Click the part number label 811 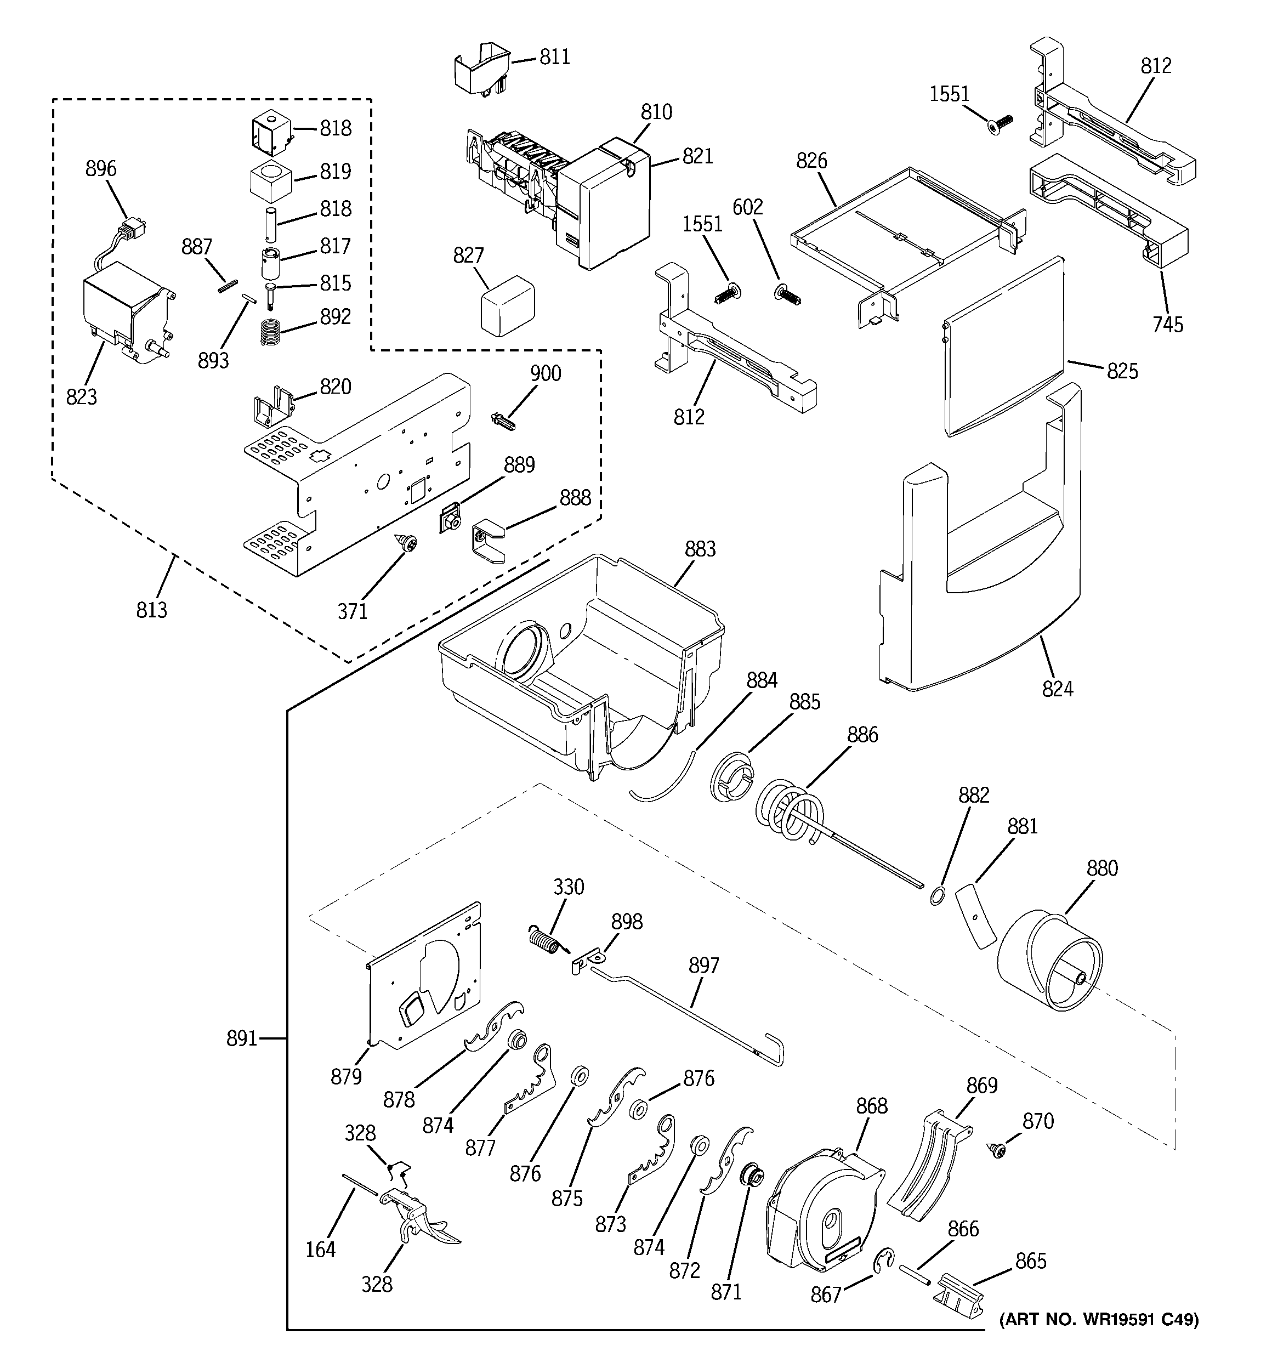[x=554, y=58]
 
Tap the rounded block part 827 [x=507, y=305]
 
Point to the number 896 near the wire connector [x=101, y=169]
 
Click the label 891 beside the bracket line [x=242, y=1039]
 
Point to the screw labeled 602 [x=788, y=296]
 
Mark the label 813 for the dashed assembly [x=151, y=610]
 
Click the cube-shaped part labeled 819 [x=270, y=181]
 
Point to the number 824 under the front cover [x=1057, y=689]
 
